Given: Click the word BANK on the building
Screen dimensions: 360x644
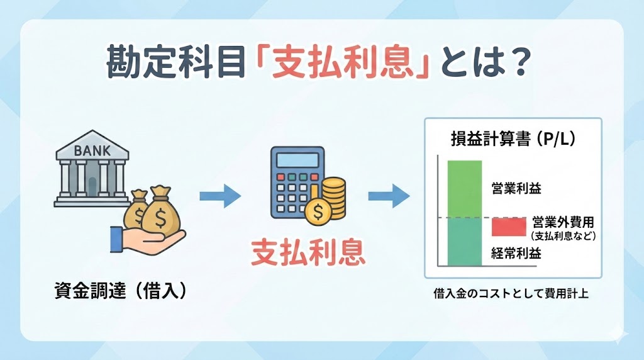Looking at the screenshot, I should point(92,150).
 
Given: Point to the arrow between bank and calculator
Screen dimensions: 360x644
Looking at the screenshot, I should point(220,196).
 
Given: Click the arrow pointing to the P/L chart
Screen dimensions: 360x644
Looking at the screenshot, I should point(389,196).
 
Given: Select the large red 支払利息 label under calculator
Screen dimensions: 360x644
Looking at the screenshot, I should point(308,252).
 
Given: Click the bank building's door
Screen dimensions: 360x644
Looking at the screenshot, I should point(92,185).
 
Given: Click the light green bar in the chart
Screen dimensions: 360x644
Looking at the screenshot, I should point(464,189).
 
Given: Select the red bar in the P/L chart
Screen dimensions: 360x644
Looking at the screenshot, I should point(509,226).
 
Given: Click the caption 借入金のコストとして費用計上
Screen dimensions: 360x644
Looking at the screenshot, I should point(511,293).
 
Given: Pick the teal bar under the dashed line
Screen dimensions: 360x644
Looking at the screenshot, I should point(464,242).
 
